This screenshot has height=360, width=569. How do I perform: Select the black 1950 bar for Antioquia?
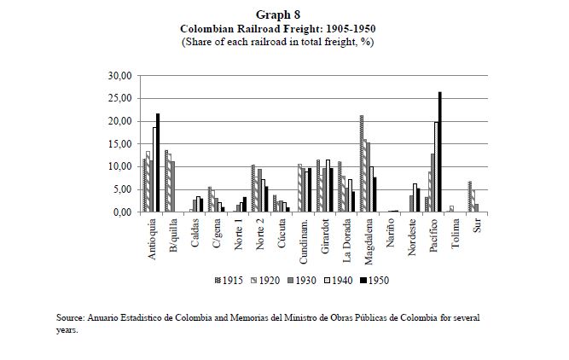click(158, 163)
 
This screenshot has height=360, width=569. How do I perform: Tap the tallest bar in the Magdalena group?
click(362, 164)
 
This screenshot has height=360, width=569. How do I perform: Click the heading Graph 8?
click(284, 15)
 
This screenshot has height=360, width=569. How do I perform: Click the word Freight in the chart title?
click(298, 28)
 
